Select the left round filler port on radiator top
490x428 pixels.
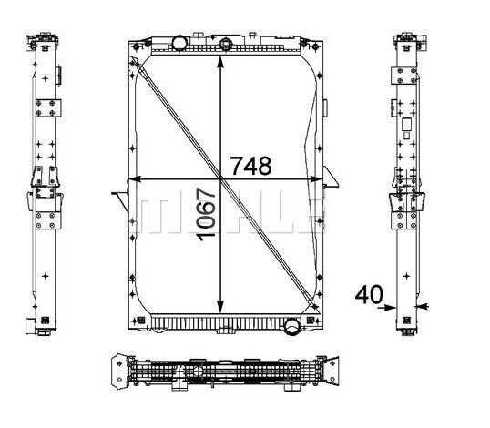coord(179,43)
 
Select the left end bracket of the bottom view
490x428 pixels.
coord(117,373)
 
